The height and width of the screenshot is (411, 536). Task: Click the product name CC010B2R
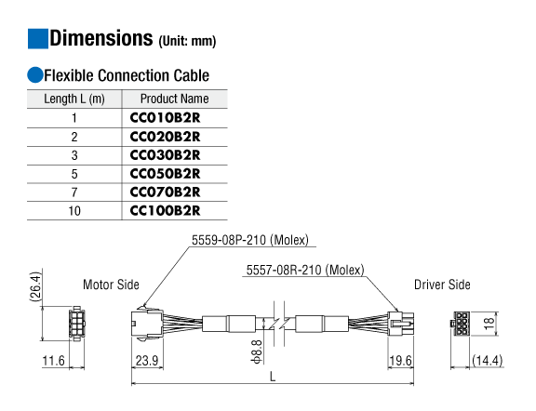(x=165, y=118)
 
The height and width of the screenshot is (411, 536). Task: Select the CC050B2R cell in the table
(x=165, y=174)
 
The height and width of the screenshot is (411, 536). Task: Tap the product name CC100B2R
(x=165, y=211)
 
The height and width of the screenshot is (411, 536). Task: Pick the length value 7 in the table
(x=74, y=192)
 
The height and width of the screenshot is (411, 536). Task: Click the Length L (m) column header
(x=74, y=99)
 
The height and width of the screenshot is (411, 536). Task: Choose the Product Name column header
(x=174, y=99)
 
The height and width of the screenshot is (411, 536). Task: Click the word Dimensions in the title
(x=101, y=38)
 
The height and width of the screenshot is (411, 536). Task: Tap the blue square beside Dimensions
(x=37, y=39)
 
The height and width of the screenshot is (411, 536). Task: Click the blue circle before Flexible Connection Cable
(x=35, y=75)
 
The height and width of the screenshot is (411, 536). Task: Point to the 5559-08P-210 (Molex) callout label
(x=250, y=240)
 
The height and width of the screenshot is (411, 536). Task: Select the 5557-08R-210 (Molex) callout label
(x=305, y=271)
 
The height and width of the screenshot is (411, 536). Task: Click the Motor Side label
(x=111, y=285)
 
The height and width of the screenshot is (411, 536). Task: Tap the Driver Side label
(x=442, y=285)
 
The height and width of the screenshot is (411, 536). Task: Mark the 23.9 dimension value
(x=147, y=361)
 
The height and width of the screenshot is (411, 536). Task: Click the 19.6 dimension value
(x=401, y=361)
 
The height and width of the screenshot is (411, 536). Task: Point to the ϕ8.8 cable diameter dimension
(x=257, y=351)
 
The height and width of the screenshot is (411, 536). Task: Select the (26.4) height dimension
(x=35, y=287)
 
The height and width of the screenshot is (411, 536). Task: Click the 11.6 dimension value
(x=53, y=361)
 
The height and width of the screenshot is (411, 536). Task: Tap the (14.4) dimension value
(x=487, y=361)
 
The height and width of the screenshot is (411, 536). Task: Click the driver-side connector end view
(x=460, y=324)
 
